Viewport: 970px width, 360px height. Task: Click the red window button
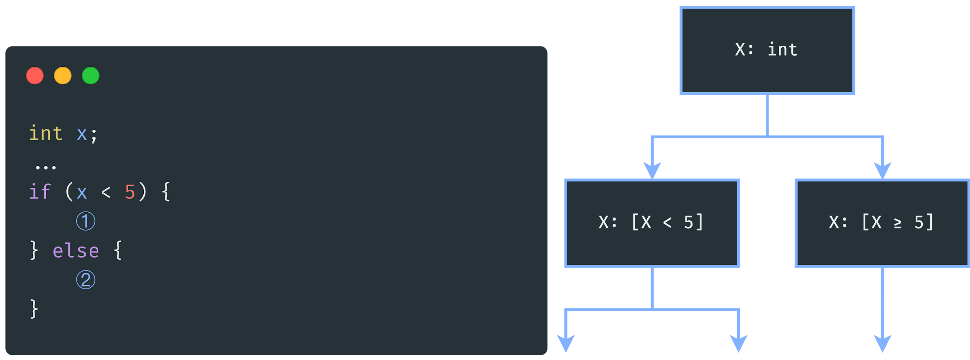click(x=35, y=75)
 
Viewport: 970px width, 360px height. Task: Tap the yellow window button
click(x=63, y=75)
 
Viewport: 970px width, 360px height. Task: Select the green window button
click(x=90, y=75)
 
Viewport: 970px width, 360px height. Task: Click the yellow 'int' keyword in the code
click(x=45, y=133)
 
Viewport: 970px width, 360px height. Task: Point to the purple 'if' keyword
click(x=40, y=192)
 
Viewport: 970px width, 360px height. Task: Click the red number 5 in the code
click(x=130, y=192)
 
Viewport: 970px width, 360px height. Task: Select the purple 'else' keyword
click(x=76, y=251)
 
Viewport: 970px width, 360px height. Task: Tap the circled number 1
click(x=86, y=221)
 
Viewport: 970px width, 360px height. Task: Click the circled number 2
click(x=86, y=280)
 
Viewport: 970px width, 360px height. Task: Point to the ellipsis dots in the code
click(x=45, y=167)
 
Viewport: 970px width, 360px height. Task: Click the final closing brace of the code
click(x=34, y=309)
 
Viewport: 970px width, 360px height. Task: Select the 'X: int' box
click(x=767, y=50)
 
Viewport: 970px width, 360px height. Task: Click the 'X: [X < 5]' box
click(x=652, y=223)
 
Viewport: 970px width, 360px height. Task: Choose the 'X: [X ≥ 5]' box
click(x=882, y=223)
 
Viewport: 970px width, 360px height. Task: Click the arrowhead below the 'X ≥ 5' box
click(x=882, y=343)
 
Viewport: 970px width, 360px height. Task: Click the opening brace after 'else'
click(x=118, y=250)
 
